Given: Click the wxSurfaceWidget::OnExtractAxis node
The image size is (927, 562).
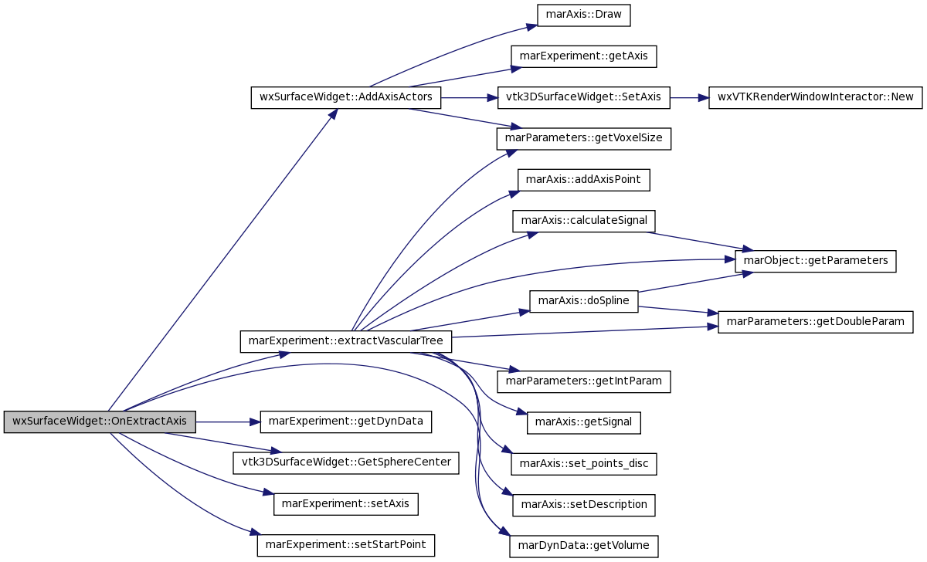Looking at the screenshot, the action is point(100,421).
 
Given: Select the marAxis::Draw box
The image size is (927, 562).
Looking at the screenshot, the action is point(583,15).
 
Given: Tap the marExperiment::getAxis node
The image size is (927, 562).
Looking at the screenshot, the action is point(583,56).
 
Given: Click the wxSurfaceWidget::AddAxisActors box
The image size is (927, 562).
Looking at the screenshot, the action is point(346,97).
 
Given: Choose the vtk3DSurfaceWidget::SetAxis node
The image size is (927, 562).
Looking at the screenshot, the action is point(583,97).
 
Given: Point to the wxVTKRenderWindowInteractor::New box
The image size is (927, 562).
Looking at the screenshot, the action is point(815,97).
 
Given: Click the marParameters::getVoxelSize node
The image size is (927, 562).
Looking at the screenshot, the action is point(583,138).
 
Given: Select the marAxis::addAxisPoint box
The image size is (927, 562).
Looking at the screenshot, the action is point(583,180).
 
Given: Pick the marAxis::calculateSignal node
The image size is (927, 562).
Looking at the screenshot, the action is point(583,221).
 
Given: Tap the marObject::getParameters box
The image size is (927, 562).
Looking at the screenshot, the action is point(815,261).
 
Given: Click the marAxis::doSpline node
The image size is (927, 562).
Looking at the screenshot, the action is point(583,302).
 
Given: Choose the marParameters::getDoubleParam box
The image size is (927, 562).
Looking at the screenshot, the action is point(815,322).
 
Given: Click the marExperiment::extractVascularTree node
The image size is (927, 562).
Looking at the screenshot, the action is point(346,341).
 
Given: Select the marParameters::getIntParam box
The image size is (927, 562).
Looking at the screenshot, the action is point(583,381).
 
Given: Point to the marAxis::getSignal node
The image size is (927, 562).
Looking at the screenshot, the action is point(583,422).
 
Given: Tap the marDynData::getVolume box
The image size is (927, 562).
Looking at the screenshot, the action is point(583,547).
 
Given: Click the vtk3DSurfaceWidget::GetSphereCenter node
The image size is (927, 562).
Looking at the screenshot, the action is point(346,462).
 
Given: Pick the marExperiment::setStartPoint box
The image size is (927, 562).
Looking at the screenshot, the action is point(346,546).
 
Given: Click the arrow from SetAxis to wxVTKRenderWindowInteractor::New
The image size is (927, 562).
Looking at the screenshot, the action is point(689,98).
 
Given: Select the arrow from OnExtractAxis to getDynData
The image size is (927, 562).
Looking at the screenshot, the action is point(228,422).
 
